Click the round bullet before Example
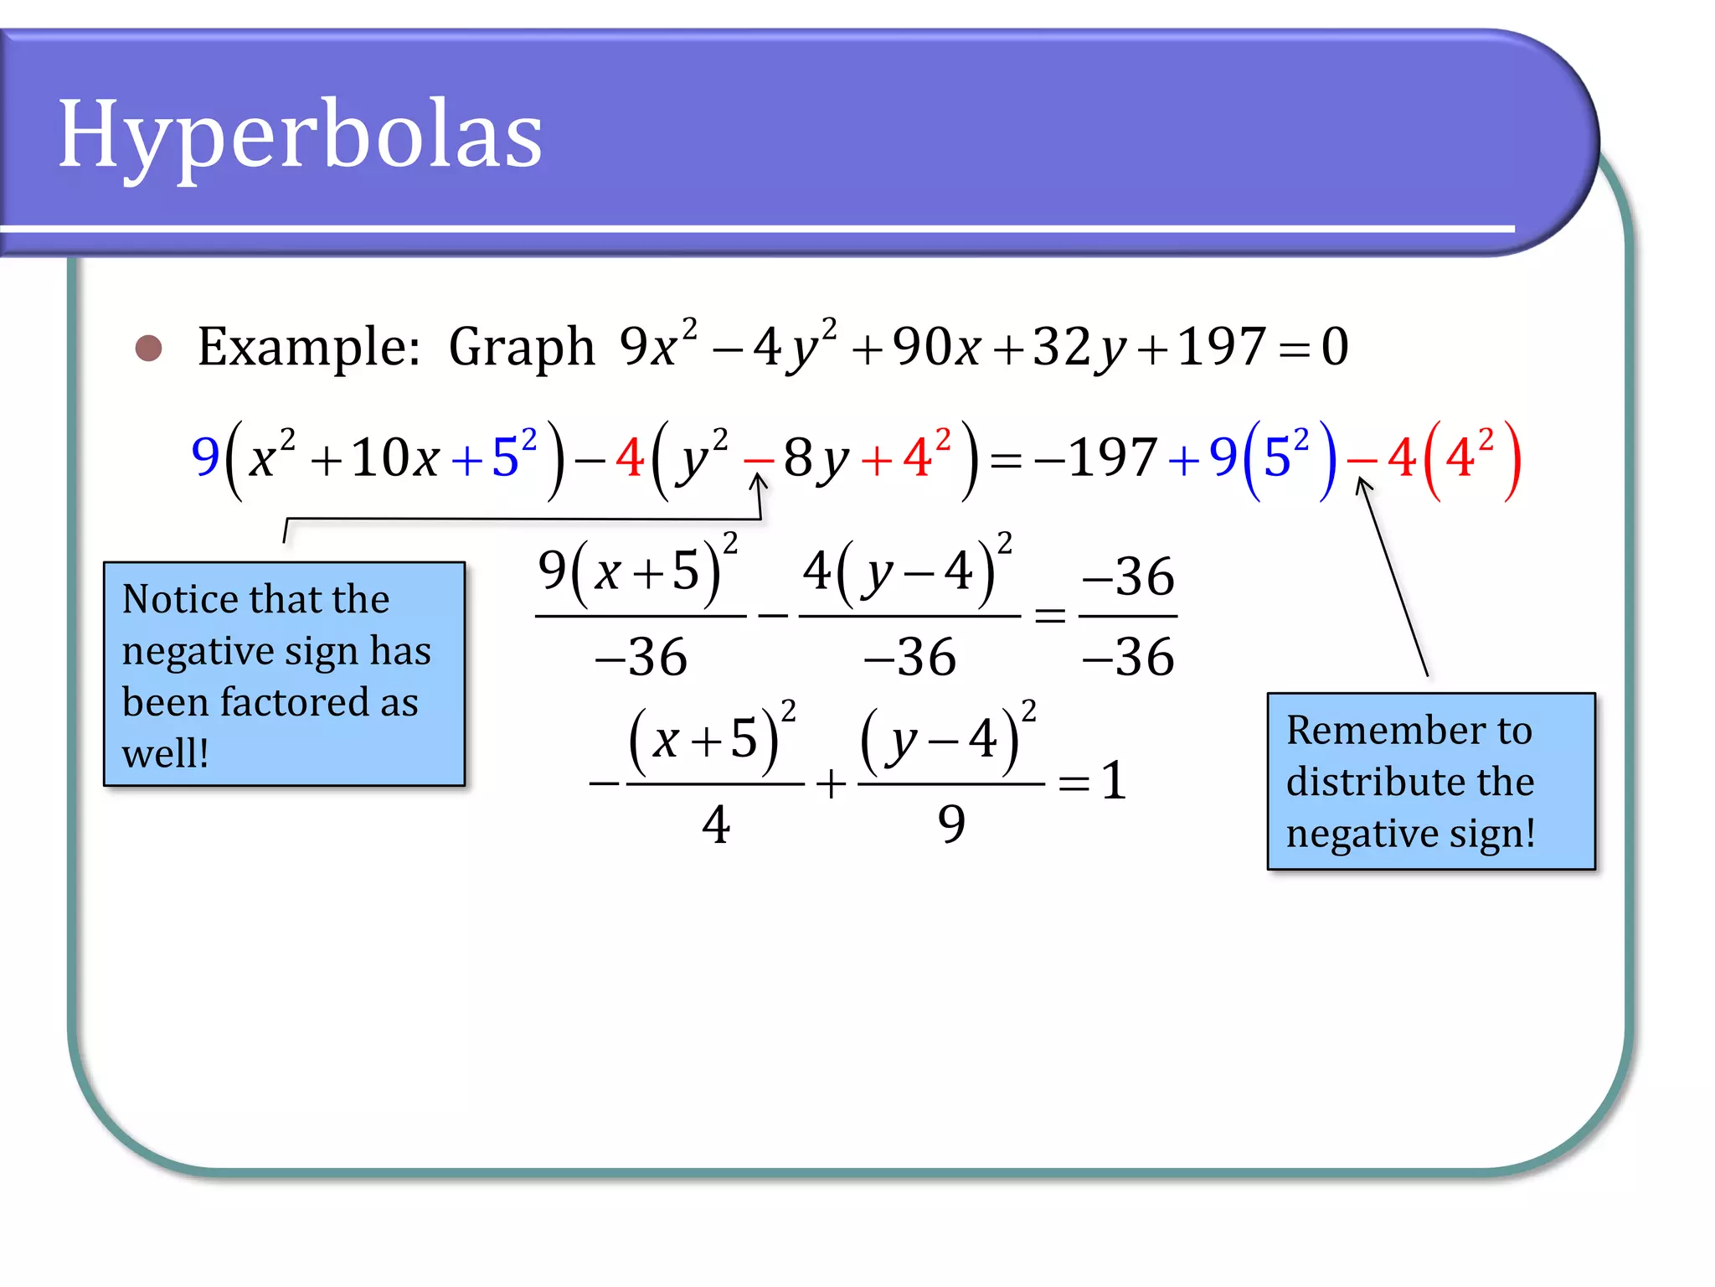[x=149, y=348]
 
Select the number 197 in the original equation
[x=1219, y=346]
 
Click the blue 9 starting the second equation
[x=205, y=457]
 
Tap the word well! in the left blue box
[x=165, y=753]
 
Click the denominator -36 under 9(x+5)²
[x=641, y=658]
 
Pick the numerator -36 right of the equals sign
[x=1128, y=577]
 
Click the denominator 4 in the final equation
[x=715, y=825]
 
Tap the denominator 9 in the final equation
[x=951, y=825]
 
